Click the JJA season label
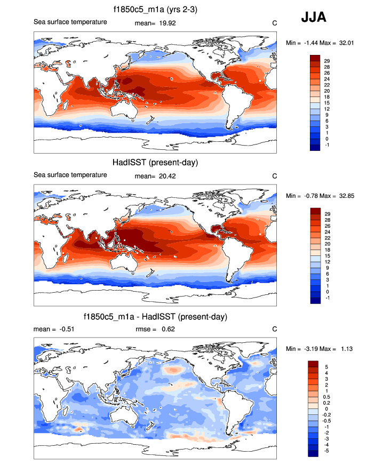[x=314, y=17]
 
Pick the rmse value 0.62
[x=169, y=329]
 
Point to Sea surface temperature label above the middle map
[x=70, y=175]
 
